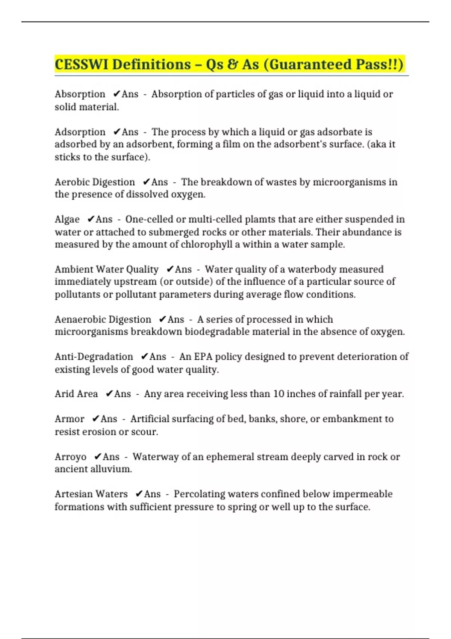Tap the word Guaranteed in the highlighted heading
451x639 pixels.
coord(311,64)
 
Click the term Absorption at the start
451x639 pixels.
coord(80,94)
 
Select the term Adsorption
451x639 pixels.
coord(80,132)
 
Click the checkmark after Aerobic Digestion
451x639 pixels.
coord(147,182)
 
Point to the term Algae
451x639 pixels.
coord(67,219)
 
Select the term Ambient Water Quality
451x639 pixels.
coord(106,270)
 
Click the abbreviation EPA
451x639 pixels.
coord(203,357)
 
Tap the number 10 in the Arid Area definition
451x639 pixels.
coord(278,394)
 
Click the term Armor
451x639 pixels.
coord(70,419)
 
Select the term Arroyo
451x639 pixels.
coord(70,457)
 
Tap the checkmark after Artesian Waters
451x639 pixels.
coord(139,494)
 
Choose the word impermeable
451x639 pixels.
coord(362,494)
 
